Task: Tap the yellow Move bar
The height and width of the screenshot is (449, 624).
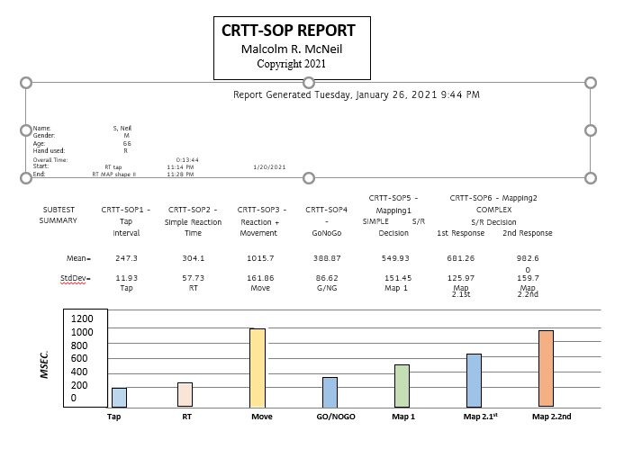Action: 258,369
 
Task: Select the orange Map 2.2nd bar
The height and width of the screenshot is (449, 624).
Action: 546,370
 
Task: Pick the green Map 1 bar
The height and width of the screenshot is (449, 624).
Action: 402,387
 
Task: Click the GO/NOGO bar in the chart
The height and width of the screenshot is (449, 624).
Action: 330,393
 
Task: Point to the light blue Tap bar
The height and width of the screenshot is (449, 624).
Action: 119,398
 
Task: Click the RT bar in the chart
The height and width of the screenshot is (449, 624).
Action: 185,395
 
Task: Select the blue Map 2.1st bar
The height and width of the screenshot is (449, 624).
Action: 474,382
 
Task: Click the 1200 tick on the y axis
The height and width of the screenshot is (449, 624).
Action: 82,319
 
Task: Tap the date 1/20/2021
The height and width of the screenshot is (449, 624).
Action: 270,166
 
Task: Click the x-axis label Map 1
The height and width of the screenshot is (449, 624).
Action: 402,417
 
